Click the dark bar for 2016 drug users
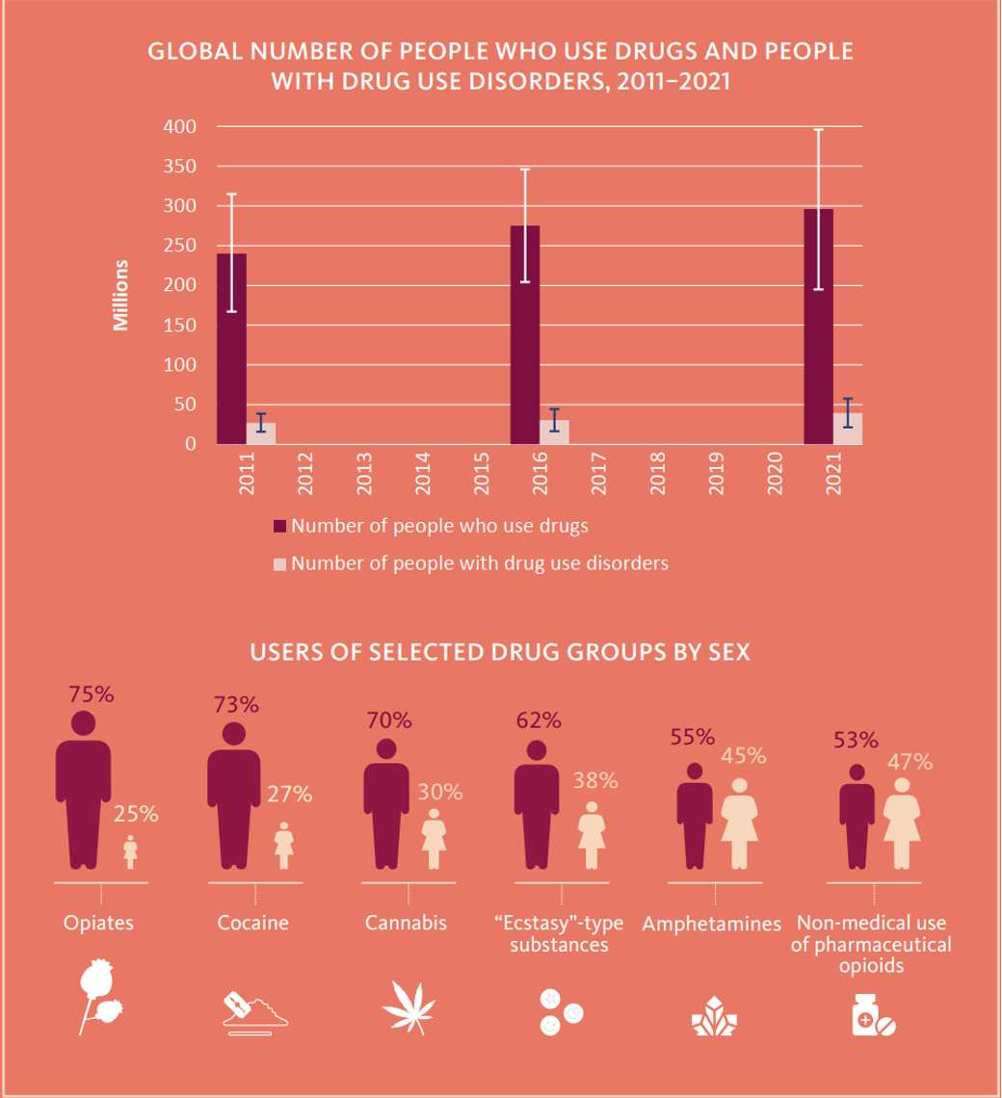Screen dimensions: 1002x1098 pos(525,335)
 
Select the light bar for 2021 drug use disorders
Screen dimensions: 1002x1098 pos(847,429)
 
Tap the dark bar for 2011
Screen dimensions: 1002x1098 pos(231,349)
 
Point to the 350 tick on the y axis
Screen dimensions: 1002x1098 pos(180,167)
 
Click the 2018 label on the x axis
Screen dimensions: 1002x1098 pos(657,473)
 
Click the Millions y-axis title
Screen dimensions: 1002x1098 pos(121,295)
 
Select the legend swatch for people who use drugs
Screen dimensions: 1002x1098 pos(279,527)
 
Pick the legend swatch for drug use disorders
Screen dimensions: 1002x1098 pos(279,564)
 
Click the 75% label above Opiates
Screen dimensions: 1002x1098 pos(92,693)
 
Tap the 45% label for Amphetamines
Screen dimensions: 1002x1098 pos(744,755)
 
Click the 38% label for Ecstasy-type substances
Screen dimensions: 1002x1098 pos(595,780)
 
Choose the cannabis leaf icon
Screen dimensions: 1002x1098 pos(409,1007)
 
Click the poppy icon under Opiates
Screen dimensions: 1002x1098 pos(99,997)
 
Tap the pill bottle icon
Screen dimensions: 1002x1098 pos(873,1014)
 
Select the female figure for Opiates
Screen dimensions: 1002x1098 pos(130,852)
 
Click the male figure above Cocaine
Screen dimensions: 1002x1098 pos(234,796)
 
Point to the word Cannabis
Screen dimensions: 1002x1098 pos(406,923)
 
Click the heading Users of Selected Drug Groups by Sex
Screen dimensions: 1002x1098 pos(500,652)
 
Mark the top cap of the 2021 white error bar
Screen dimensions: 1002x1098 pos(818,130)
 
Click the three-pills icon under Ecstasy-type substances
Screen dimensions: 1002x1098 pos(562,1012)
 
